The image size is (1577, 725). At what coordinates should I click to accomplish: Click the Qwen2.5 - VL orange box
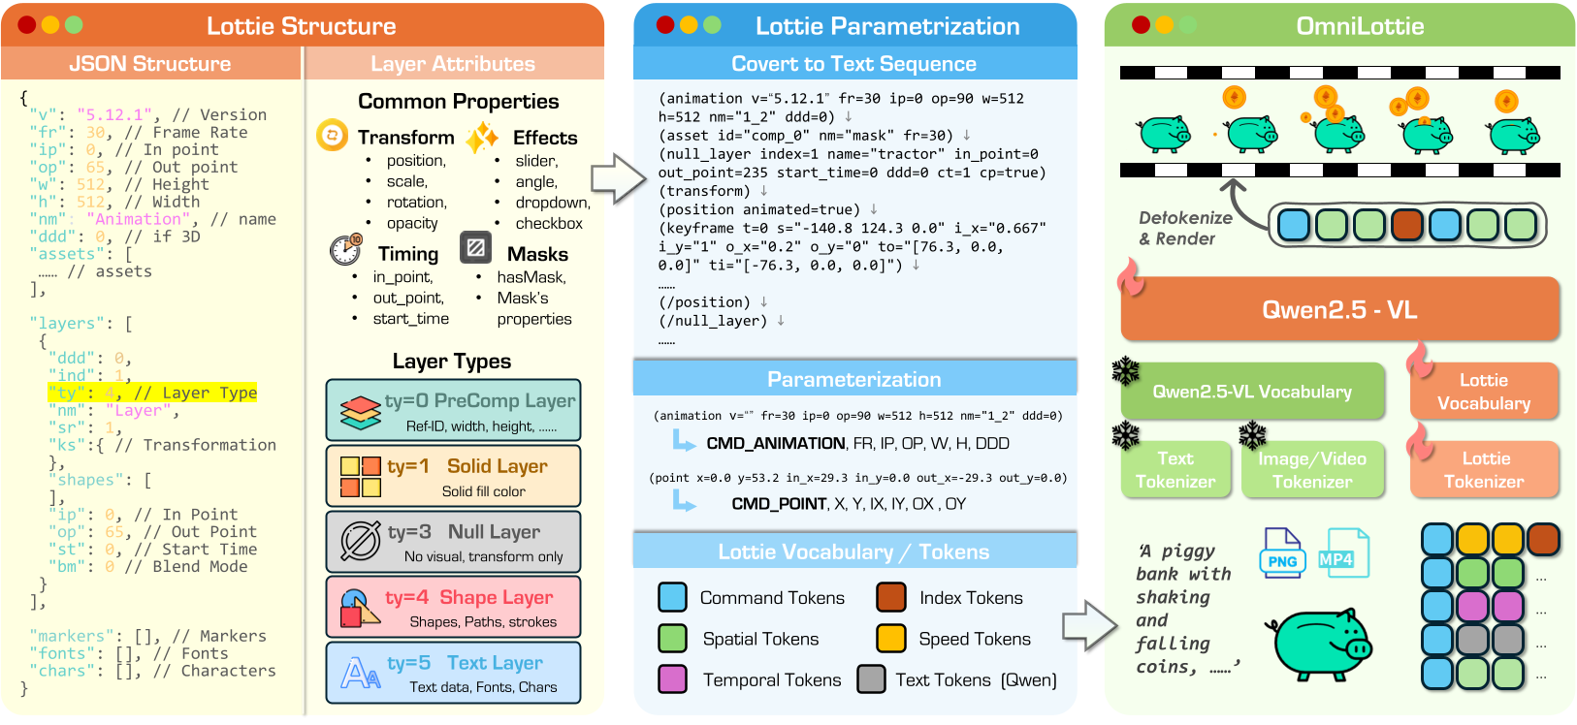pos(1339,310)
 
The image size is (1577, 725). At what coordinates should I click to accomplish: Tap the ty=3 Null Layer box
pos(453,542)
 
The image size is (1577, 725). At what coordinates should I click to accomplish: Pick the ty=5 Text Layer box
pos(453,673)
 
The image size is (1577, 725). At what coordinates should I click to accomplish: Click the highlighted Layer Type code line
pos(152,393)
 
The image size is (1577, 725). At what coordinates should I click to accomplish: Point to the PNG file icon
pos(1281,552)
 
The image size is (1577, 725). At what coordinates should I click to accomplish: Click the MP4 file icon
pos(1343,552)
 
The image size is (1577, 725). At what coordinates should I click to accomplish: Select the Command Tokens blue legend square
pos(672,597)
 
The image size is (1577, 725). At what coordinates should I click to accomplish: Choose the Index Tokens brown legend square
pos(890,597)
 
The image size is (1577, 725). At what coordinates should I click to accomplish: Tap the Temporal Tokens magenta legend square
pos(672,679)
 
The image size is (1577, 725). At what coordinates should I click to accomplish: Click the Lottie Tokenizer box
pos(1484,470)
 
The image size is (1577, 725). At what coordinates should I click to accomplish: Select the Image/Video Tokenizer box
pos(1312,470)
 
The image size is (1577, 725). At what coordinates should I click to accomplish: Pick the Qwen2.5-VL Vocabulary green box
pos(1251,392)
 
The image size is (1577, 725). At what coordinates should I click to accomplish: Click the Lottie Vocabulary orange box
pos(1484,392)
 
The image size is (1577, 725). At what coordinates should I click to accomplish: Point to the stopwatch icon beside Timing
pos(345,250)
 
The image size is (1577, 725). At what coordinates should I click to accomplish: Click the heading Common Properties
pos(458,102)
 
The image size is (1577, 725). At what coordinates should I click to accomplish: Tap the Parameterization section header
pos(853,379)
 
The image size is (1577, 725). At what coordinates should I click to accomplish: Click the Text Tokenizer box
pos(1175,470)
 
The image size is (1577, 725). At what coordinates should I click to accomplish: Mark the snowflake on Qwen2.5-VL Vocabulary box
pos(1125,370)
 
